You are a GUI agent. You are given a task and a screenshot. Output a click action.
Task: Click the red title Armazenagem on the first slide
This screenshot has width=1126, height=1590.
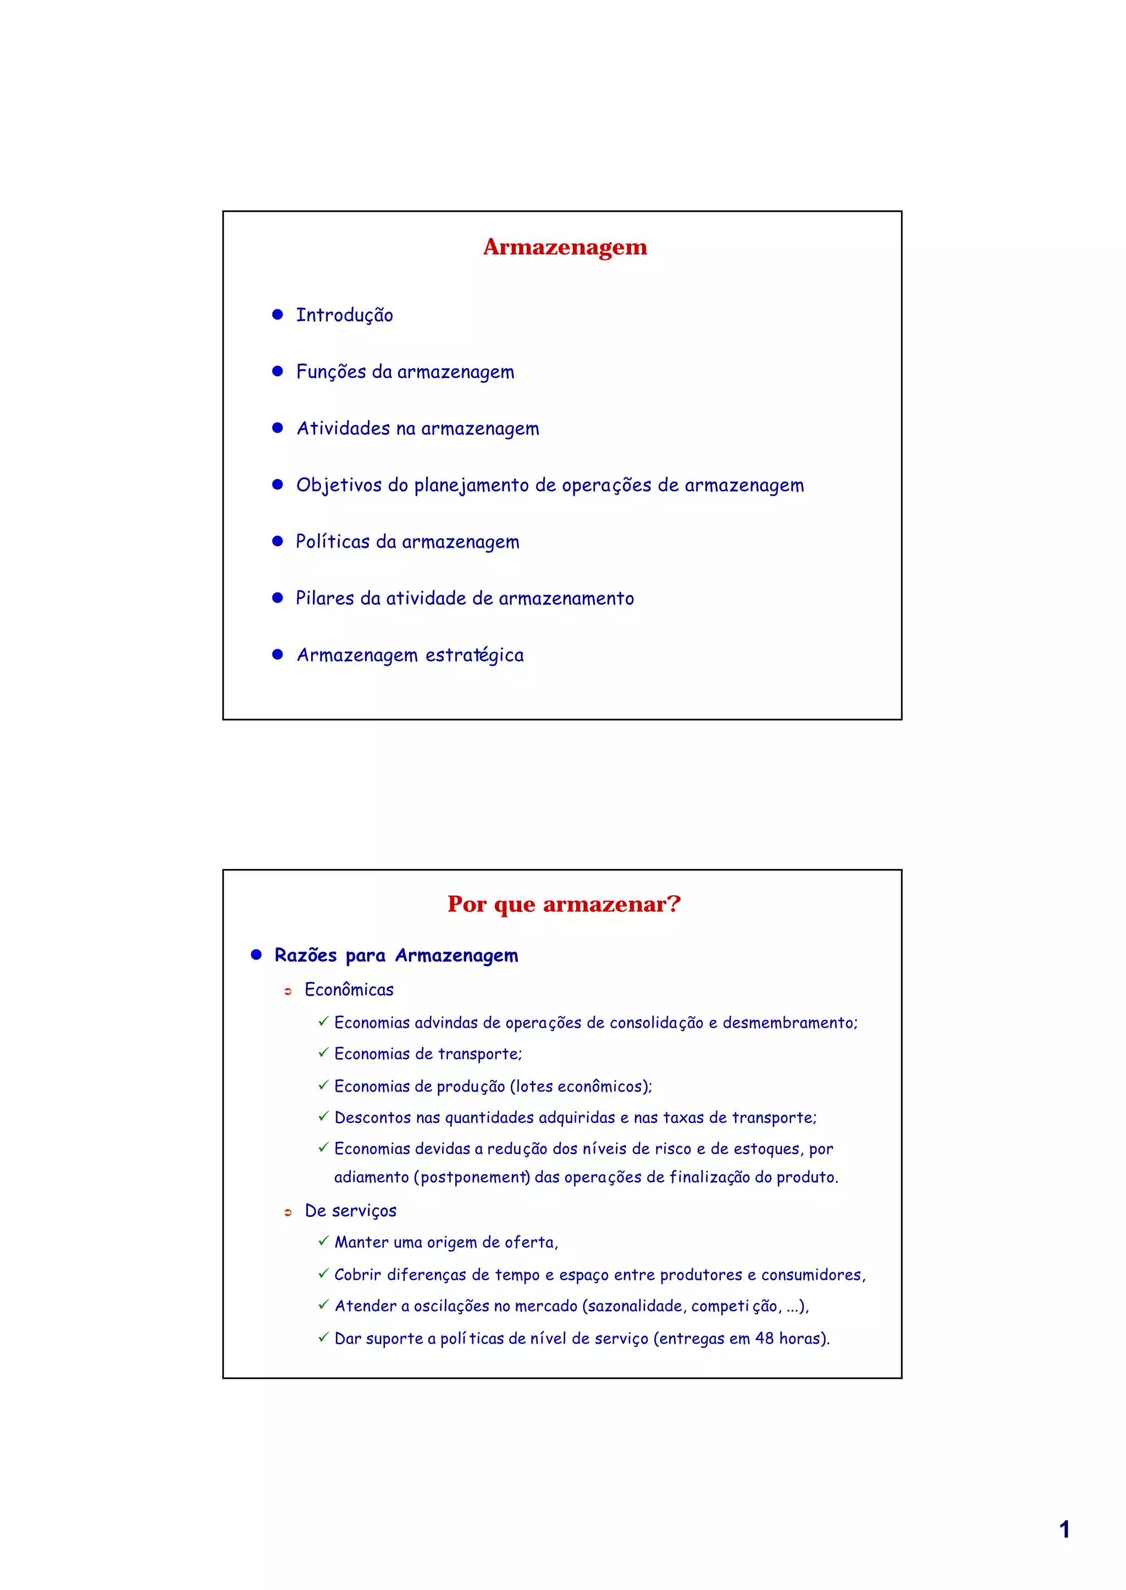point(565,247)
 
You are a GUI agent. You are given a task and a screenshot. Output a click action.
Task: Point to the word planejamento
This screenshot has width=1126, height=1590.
point(472,486)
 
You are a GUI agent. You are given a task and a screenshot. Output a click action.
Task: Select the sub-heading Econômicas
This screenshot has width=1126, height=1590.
point(349,990)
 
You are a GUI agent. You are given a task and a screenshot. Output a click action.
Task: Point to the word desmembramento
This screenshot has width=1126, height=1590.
point(790,1023)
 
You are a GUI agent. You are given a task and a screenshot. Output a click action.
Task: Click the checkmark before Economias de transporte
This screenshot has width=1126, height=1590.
point(323,1053)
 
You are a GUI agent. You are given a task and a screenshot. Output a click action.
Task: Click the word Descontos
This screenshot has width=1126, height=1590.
point(372,1117)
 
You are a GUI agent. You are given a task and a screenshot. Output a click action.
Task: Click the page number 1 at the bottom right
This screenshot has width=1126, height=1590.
point(1064,1530)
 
